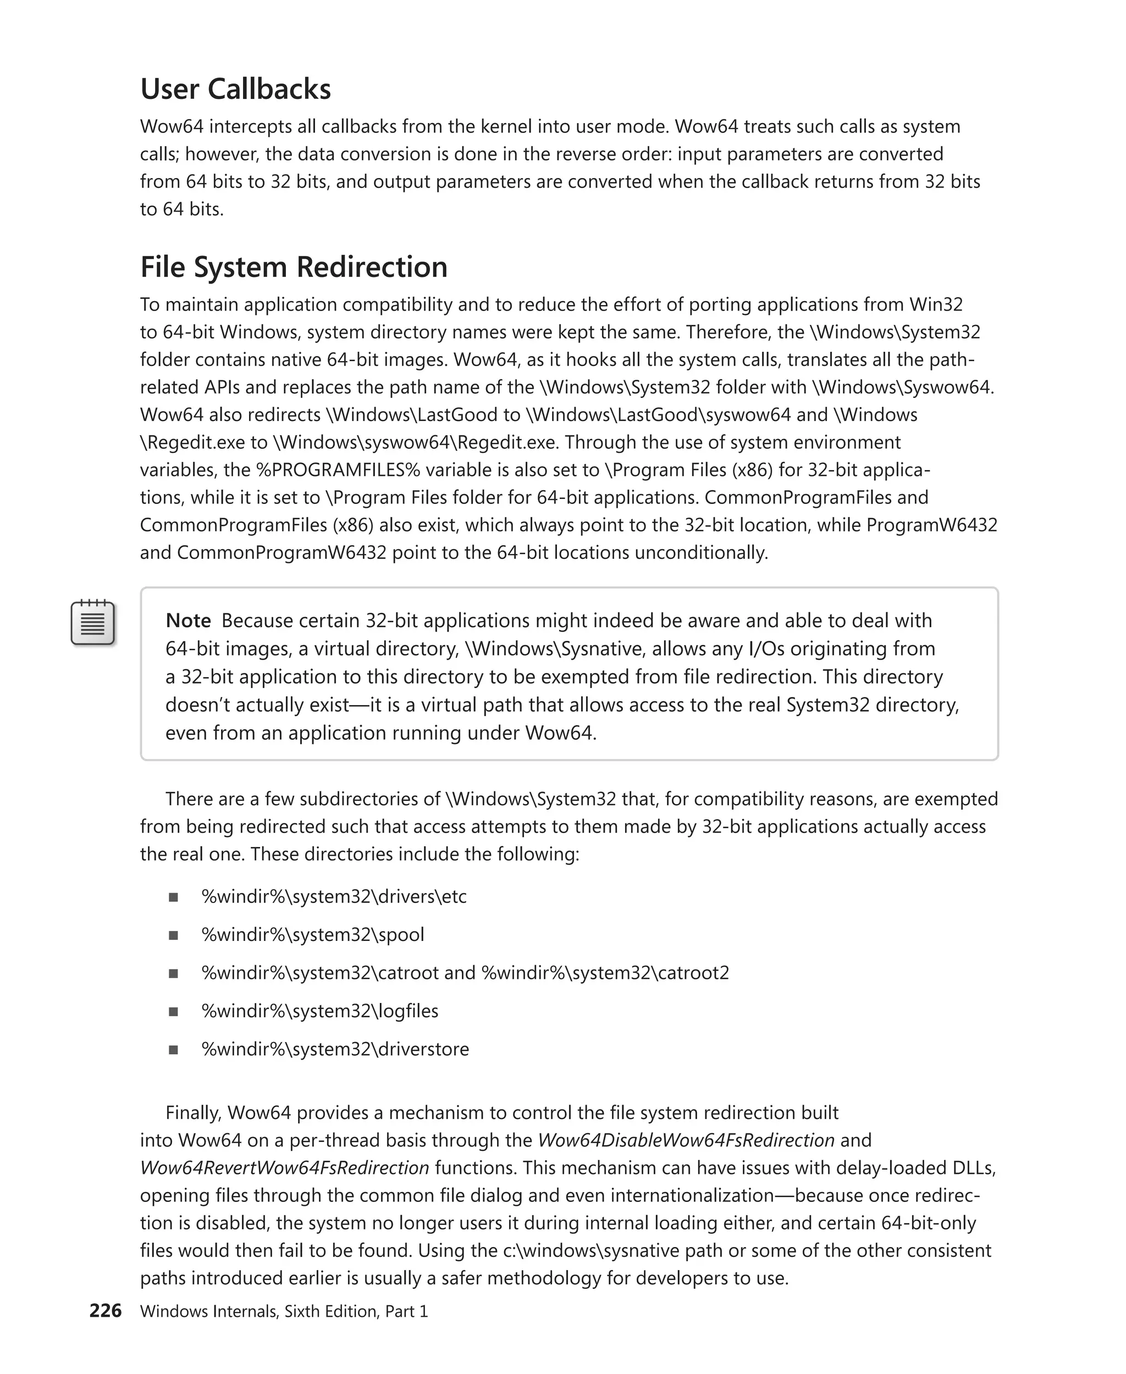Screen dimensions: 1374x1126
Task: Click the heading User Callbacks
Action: pos(235,90)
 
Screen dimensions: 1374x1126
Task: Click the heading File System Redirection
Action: pos(294,267)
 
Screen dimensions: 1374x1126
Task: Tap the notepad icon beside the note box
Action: pos(93,623)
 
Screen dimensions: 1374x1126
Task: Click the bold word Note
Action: pos(188,620)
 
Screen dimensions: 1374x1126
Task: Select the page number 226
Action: pos(105,1310)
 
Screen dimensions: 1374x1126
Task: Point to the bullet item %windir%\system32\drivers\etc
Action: pos(334,897)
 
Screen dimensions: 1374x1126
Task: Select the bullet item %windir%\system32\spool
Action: pos(313,934)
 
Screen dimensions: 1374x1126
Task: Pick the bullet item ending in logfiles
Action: pos(320,1011)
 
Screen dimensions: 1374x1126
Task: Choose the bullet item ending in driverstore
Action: pos(335,1049)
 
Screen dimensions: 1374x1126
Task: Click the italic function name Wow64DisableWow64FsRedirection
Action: pos(686,1140)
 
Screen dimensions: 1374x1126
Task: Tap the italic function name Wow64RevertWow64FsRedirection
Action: pos(285,1168)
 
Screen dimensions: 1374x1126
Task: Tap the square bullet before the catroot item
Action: pos(173,973)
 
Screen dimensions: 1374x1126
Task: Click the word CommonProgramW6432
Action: pos(281,552)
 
